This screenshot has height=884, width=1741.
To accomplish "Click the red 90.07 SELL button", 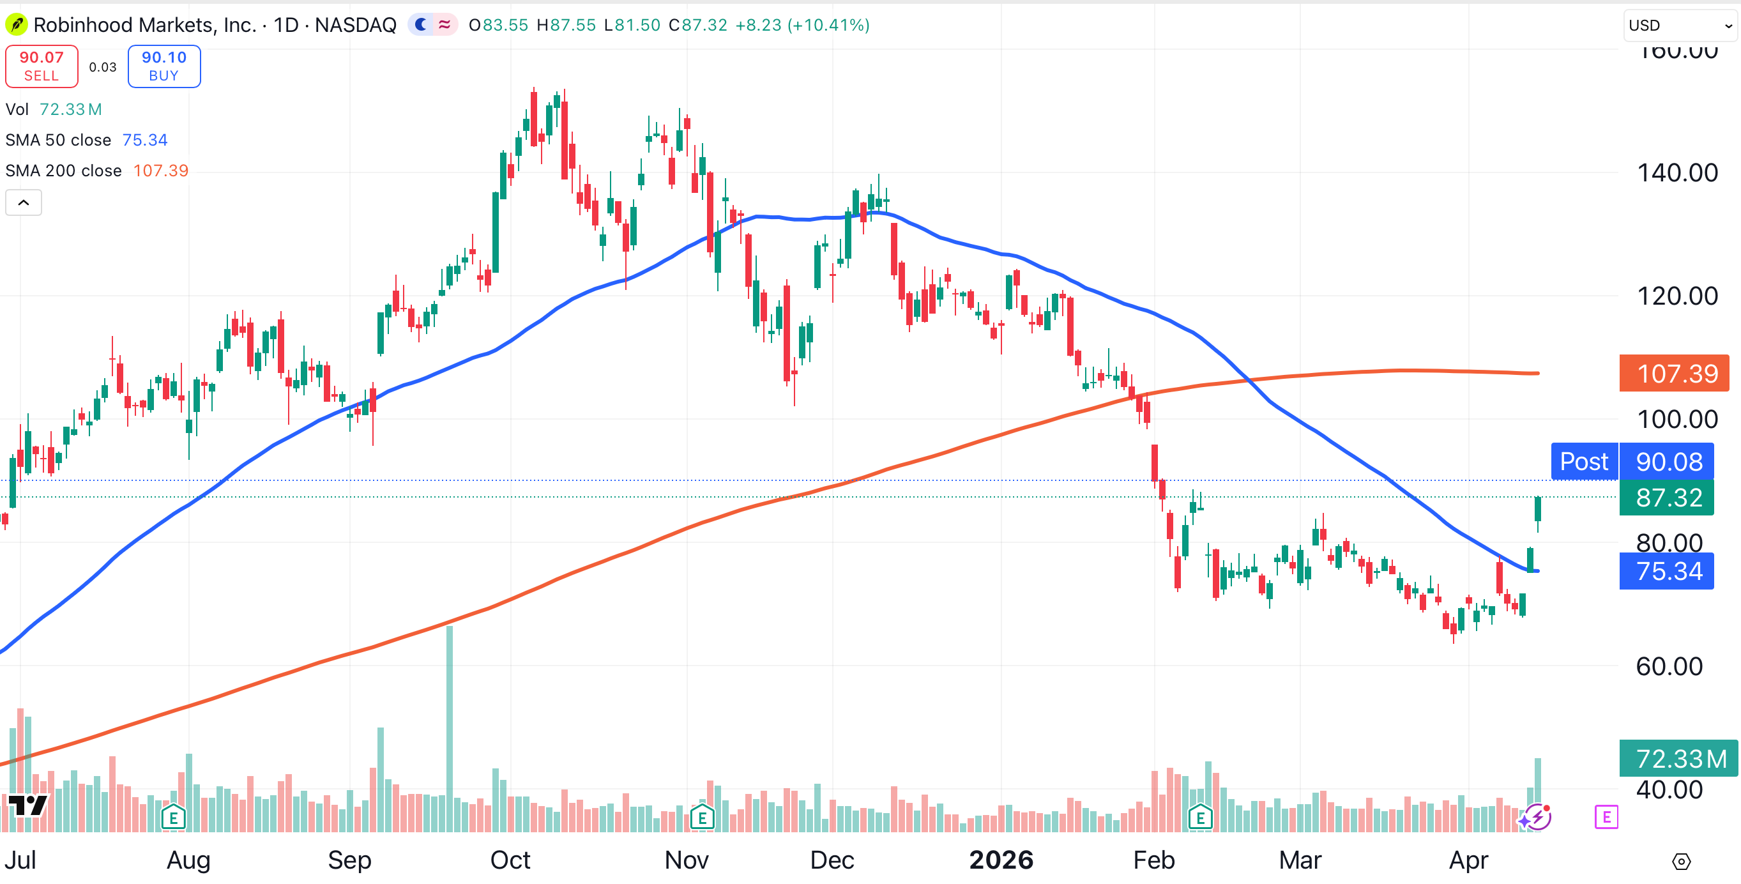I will click(42, 66).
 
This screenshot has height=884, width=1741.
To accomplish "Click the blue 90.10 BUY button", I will click(163, 66).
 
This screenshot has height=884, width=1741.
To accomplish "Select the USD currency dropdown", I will click(1680, 25).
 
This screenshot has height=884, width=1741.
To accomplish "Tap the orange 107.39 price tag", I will click(1673, 374).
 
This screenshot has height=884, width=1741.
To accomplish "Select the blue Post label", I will click(1583, 462).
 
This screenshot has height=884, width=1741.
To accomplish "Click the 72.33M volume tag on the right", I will click(1678, 758).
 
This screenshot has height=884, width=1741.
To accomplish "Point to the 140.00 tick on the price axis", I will click(1676, 173).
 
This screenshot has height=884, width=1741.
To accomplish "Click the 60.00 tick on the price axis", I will click(1669, 666).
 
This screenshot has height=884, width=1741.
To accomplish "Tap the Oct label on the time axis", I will click(510, 860).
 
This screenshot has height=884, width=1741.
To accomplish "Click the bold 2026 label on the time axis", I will click(1001, 860).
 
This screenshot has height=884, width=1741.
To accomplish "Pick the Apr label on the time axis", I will click(1468, 860).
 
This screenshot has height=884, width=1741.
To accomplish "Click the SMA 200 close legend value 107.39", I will click(161, 171).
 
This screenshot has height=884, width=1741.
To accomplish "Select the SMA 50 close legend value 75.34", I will click(144, 140).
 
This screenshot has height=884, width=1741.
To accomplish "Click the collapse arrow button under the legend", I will click(24, 202).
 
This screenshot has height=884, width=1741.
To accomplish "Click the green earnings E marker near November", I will click(703, 818).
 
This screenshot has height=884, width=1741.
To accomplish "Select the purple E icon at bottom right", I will click(1606, 817).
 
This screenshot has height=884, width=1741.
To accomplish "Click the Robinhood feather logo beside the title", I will click(15, 25).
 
